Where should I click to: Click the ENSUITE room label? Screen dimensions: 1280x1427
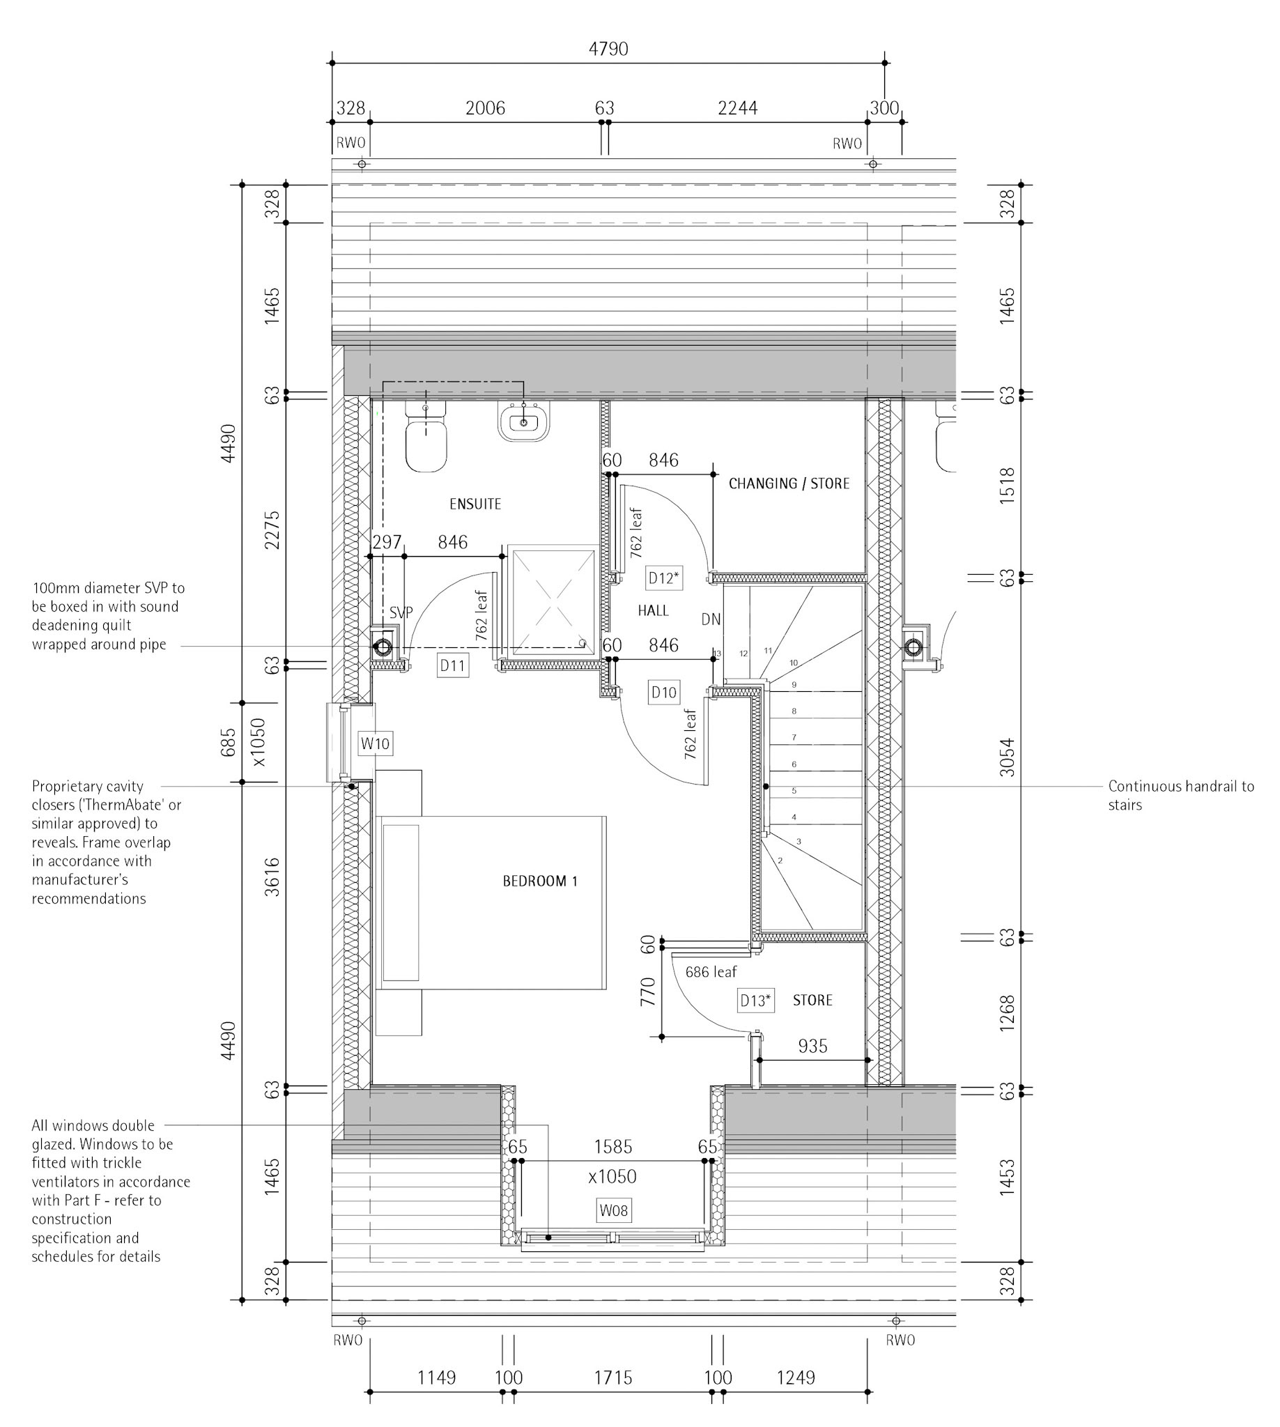tap(475, 504)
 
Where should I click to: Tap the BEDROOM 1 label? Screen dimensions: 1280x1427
tap(540, 881)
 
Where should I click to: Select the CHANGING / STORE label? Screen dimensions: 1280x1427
tap(789, 484)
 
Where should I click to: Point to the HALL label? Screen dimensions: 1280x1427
tap(654, 610)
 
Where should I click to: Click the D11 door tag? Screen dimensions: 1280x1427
tap(452, 665)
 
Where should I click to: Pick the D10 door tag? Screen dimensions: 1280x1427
tap(664, 692)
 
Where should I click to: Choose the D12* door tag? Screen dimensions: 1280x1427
tap(664, 578)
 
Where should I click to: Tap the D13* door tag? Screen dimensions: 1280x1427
tap(756, 1001)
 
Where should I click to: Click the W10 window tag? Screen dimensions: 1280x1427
tap(375, 743)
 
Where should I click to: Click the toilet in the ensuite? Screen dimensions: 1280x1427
tap(426, 437)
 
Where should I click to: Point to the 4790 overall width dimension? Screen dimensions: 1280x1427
tap(608, 49)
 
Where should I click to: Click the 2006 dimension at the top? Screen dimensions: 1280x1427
tap(485, 108)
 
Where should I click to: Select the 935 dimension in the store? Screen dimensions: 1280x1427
tap(812, 1047)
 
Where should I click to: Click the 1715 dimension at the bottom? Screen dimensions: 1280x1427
tap(613, 1377)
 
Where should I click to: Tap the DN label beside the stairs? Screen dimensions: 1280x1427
tap(711, 619)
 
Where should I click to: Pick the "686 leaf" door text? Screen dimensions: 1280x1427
tap(711, 972)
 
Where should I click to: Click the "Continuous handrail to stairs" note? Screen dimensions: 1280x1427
tap(1181, 796)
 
